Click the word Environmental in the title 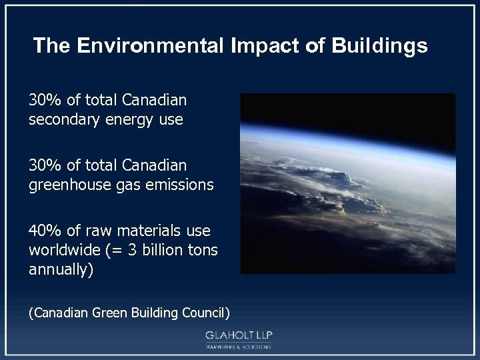click(x=151, y=45)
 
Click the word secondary click(x=60, y=121)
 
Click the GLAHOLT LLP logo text click(x=239, y=335)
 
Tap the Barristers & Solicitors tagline click(x=239, y=347)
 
